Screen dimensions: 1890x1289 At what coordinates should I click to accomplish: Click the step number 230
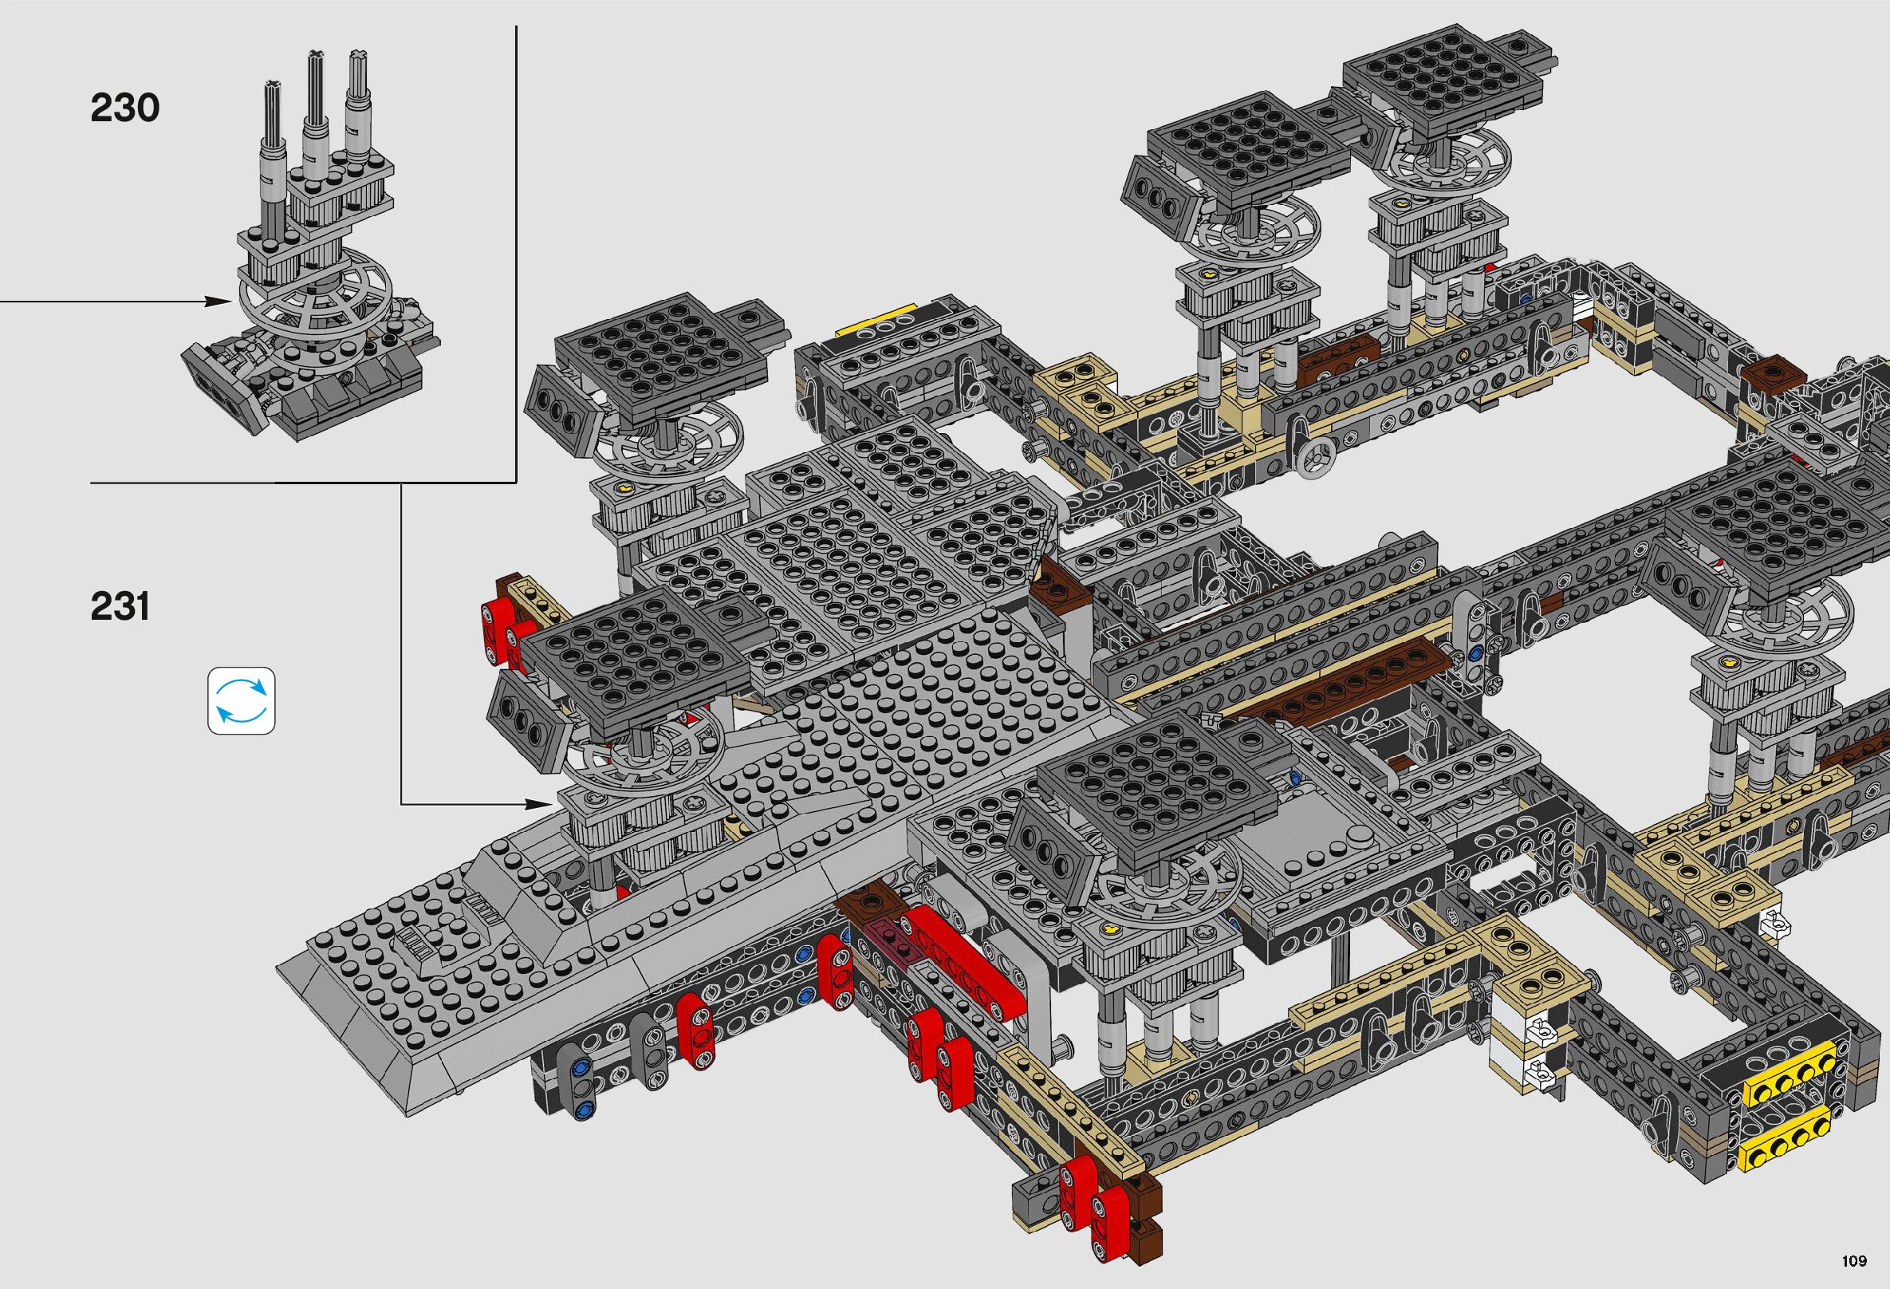124,108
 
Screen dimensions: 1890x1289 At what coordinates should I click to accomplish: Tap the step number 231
120,607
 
